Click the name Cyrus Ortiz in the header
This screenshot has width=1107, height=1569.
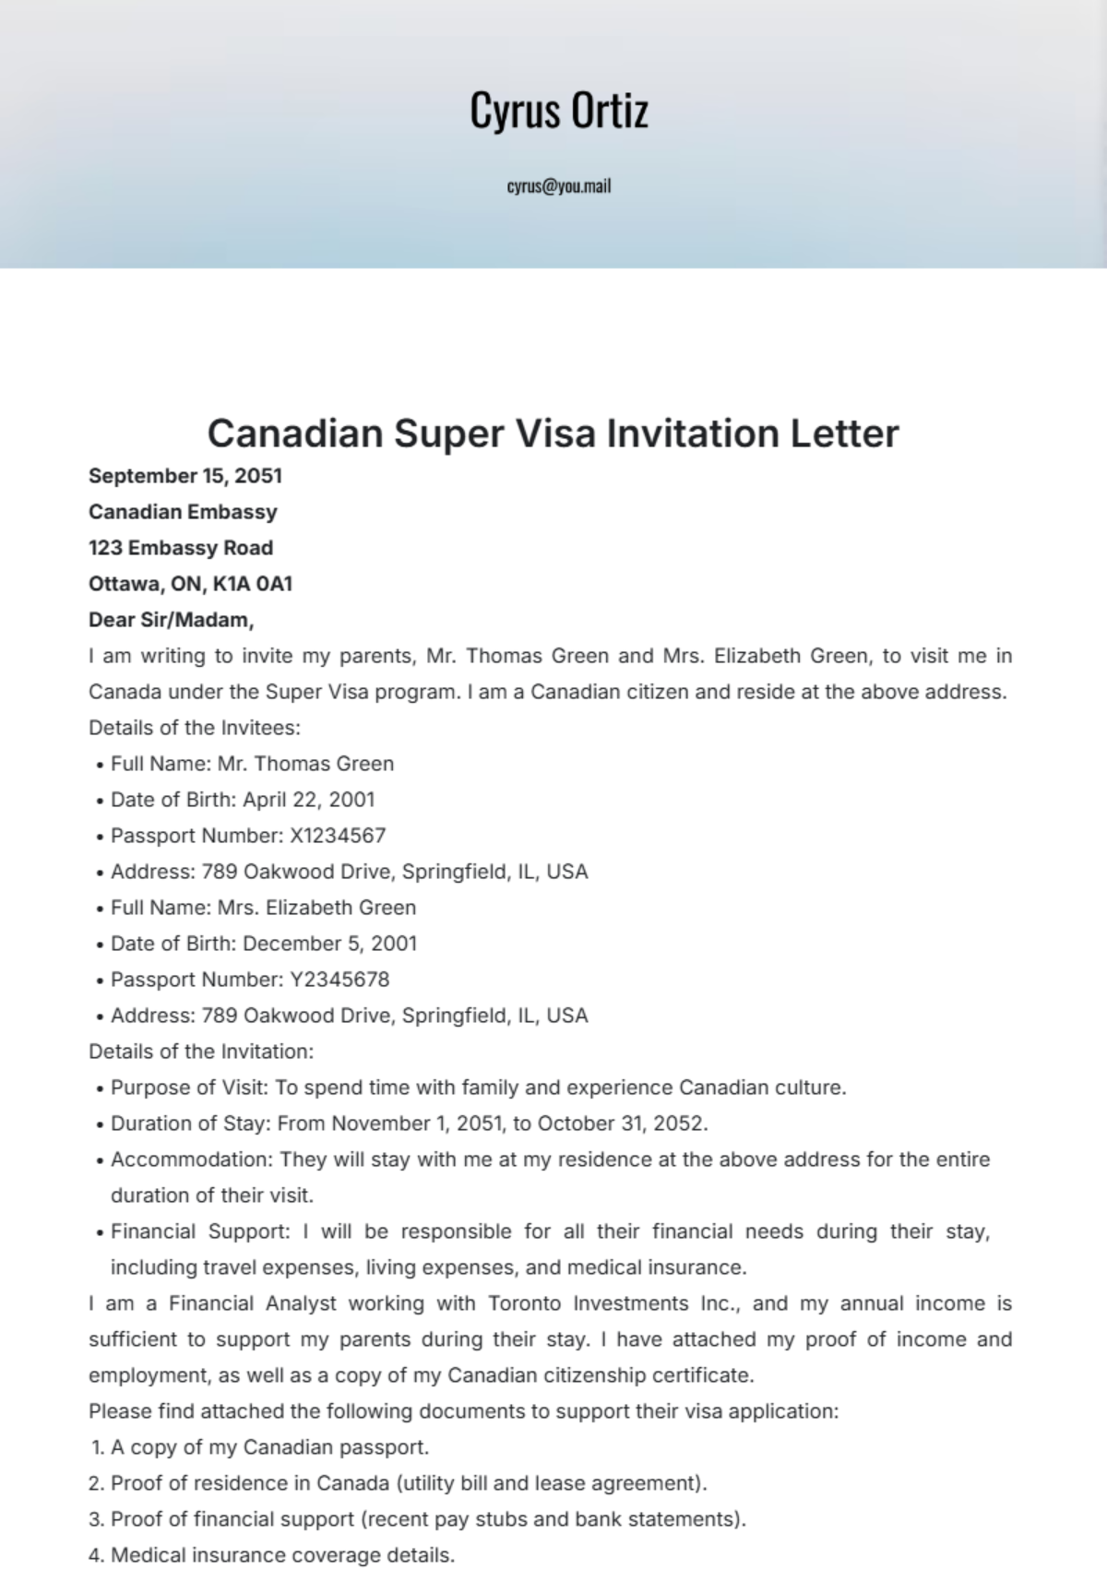tap(559, 110)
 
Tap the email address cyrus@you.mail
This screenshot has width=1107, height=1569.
tap(559, 186)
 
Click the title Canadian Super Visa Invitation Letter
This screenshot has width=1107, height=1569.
tap(553, 433)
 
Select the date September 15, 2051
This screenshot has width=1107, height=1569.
tap(185, 476)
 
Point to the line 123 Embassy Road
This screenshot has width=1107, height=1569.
tap(181, 548)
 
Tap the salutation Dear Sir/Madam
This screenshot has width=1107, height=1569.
tap(171, 620)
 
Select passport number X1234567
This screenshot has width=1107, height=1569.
tap(338, 836)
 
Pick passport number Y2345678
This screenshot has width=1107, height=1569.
tap(339, 980)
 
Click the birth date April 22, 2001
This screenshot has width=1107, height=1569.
tap(309, 800)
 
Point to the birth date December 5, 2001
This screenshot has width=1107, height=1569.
tap(330, 944)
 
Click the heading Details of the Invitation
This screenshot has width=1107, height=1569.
tap(201, 1052)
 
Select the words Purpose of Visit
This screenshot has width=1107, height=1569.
tap(188, 1088)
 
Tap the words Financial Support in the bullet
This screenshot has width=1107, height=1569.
tap(199, 1231)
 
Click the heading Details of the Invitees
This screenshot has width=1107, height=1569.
tap(195, 728)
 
